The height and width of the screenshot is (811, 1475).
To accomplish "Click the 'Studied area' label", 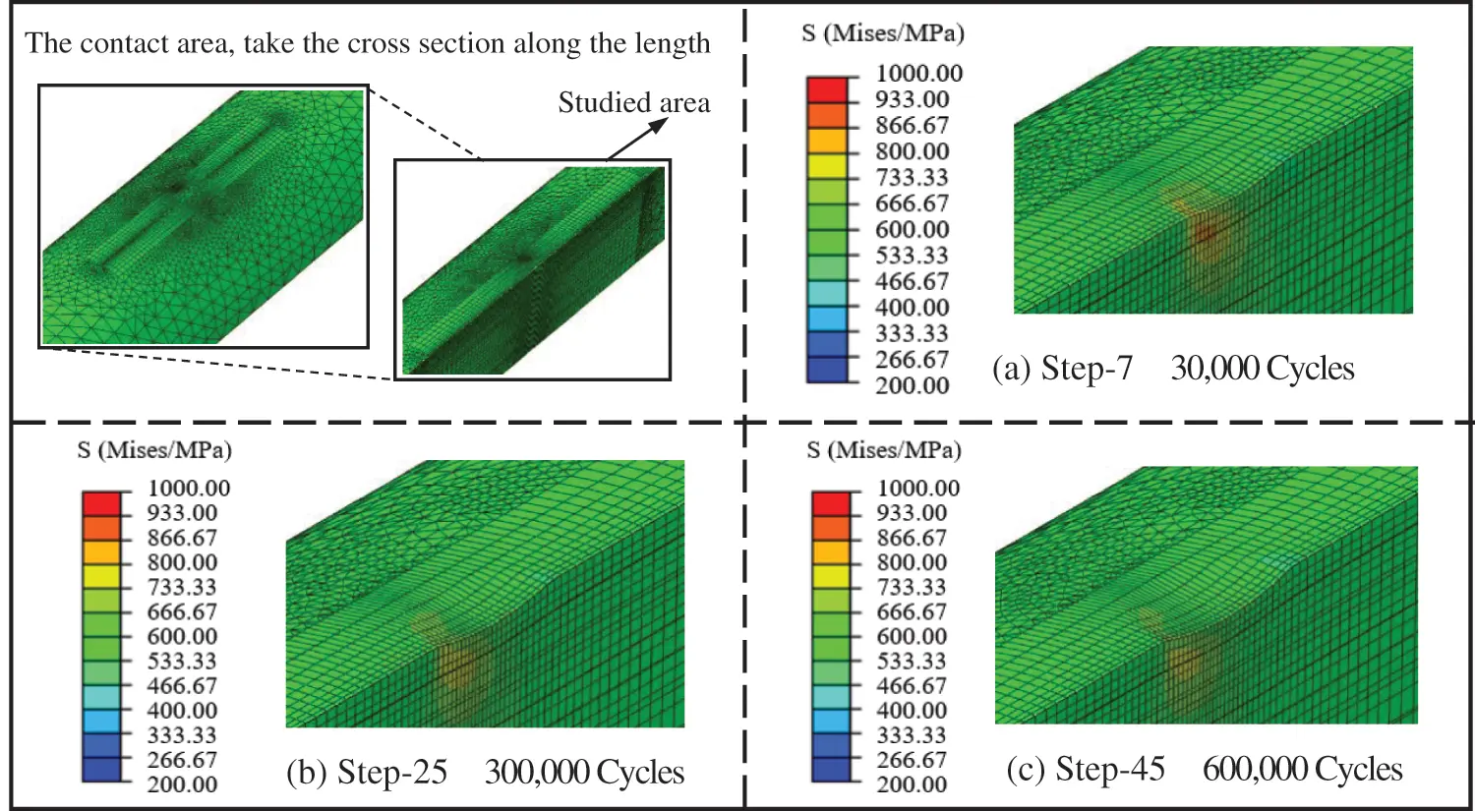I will click(x=633, y=103).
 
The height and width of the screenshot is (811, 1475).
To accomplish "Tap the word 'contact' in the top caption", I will click(x=147, y=43).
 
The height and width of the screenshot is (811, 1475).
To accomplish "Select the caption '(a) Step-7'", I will click(x=1062, y=369).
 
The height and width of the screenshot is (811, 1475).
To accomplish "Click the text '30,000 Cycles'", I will click(x=1262, y=369).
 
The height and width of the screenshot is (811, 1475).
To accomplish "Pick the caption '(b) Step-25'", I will click(x=366, y=773).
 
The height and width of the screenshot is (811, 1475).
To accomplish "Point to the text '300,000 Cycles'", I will click(x=584, y=773).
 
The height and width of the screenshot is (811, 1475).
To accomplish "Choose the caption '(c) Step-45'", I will click(x=1086, y=770).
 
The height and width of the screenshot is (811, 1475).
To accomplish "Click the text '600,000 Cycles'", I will click(x=1302, y=770).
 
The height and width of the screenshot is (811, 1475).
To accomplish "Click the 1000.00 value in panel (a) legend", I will click(x=918, y=74).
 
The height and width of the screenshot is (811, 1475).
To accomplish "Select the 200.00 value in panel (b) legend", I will click(x=182, y=784).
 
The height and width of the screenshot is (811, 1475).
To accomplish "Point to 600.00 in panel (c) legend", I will click(x=912, y=636).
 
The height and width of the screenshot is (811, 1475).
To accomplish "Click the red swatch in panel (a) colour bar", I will click(x=826, y=88).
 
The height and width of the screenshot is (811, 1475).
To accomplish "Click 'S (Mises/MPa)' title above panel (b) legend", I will click(x=154, y=450).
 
